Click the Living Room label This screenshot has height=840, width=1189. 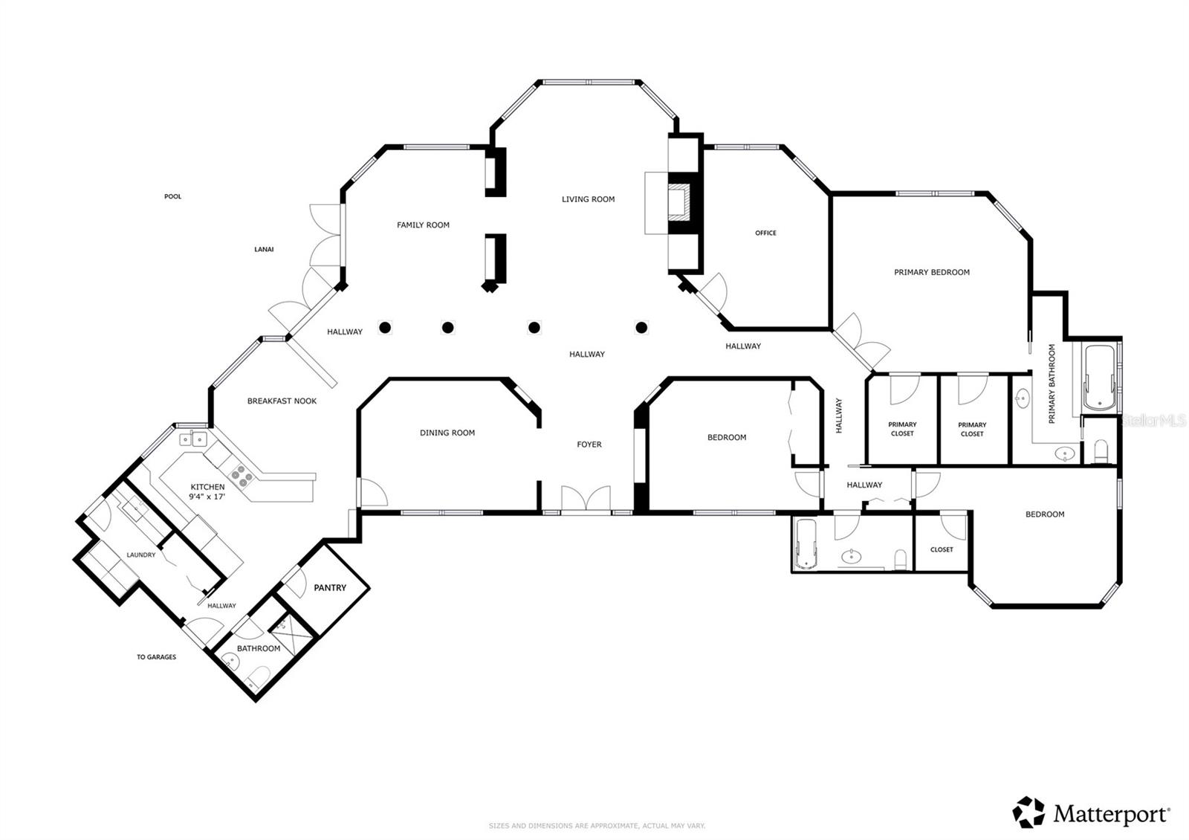click(588, 199)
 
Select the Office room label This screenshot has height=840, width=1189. click(765, 233)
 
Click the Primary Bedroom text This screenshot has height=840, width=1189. click(931, 273)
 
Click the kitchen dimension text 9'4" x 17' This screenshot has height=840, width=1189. click(207, 496)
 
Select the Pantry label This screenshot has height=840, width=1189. click(330, 588)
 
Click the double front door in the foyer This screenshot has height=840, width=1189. click(586, 499)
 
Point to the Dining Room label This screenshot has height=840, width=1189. click(447, 433)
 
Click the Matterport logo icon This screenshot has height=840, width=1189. click(1028, 812)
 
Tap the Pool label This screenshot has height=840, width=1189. click(172, 197)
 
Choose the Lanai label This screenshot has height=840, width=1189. click(264, 250)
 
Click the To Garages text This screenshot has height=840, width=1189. click(156, 657)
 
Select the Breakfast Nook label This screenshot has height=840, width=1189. click(282, 401)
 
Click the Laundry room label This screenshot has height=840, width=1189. click(141, 555)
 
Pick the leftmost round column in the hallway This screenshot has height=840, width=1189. click(385, 327)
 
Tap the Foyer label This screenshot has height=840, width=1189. click(589, 445)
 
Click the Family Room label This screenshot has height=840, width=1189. click(423, 225)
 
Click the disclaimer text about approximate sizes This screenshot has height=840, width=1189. click(596, 826)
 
